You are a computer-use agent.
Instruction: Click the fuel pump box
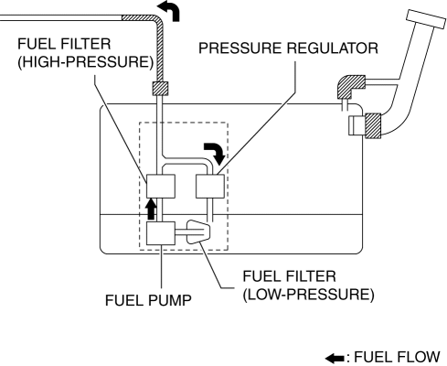(x=161, y=233)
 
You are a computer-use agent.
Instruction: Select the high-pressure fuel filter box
(x=161, y=186)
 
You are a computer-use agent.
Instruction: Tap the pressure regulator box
(x=210, y=186)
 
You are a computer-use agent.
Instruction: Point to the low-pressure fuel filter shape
(x=198, y=231)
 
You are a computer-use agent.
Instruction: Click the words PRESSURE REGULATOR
(x=288, y=48)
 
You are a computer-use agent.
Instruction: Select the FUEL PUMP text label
(x=148, y=300)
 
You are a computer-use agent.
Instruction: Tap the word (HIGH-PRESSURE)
(x=86, y=62)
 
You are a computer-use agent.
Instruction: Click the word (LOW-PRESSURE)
(x=308, y=295)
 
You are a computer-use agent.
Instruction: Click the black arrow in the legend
(x=335, y=358)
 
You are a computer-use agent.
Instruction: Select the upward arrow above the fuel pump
(x=151, y=209)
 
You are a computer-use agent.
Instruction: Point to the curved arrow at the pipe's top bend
(x=171, y=11)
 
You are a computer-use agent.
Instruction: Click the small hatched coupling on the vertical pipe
(x=160, y=89)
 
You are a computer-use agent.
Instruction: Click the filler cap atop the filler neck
(x=426, y=19)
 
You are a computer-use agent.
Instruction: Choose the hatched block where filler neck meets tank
(x=373, y=125)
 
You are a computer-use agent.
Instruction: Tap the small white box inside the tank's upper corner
(x=357, y=125)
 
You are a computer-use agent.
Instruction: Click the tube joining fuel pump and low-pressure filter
(x=181, y=233)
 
